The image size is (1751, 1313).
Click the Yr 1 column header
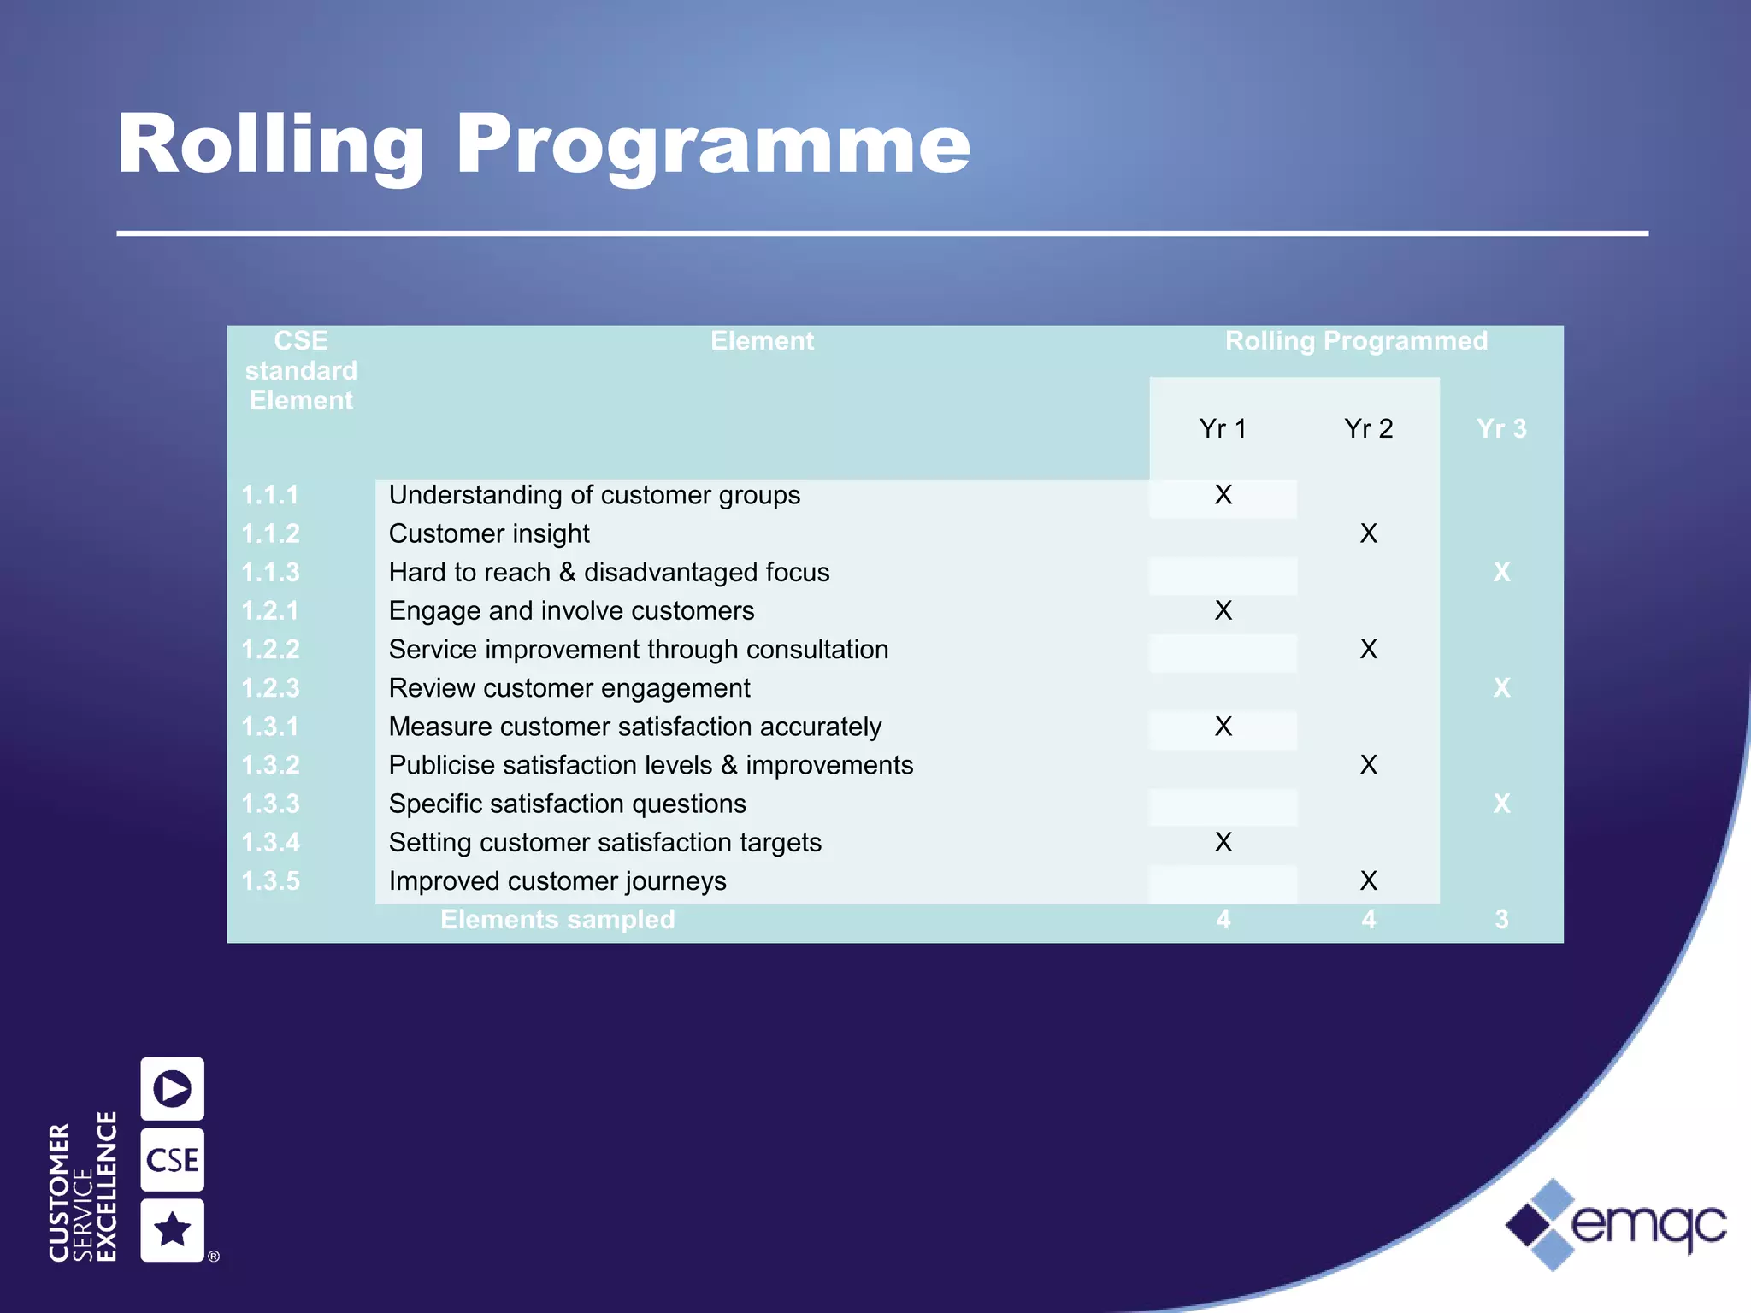(1223, 428)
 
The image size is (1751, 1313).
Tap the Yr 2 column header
(1368, 428)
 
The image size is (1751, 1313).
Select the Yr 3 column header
(1501, 428)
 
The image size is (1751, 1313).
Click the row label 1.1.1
(270, 495)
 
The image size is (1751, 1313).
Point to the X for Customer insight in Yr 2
(1368, 533)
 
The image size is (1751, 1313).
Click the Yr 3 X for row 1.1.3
(1501, 572)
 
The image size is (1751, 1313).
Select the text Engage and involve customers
(571, 610)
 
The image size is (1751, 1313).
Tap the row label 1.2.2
(270, 650)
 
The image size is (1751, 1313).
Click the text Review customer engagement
(569, 688)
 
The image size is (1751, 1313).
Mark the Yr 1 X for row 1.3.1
(1223, 727)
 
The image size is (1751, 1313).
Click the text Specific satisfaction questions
(567, 804)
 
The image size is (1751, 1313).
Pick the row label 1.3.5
(270, 881)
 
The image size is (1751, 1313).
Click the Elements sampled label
(557, 920)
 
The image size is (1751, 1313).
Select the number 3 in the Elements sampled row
(1501, 920)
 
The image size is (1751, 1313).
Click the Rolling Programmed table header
(1356, 341)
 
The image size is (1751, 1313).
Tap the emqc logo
(1616, 1225)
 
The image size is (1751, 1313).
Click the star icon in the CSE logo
(173, 1230)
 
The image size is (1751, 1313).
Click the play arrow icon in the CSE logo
(173, 1088)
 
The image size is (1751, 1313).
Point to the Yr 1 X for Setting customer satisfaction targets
(1223, 842)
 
